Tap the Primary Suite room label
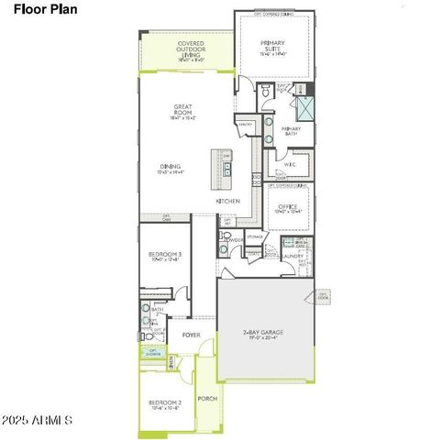click(273, 47)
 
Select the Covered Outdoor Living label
click(184, 49)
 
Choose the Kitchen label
click(227, 200)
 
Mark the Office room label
click(288, 209)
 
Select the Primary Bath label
click(292, 131)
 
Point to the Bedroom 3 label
click(165, 257)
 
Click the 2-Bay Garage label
click(265, 335)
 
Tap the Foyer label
click(191, 335)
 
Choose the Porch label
click(208, 398)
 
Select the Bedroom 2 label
click(165, 404)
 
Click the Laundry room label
click(294, 256)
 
